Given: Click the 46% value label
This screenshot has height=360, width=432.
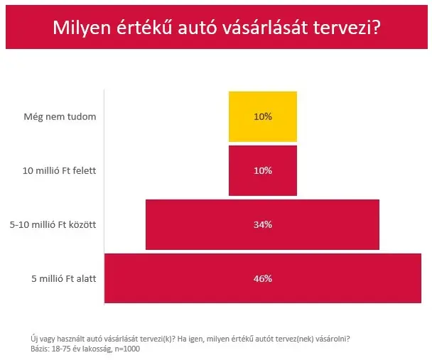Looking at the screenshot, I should (x=262, y=278).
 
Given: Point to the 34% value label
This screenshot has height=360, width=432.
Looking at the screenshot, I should (x=262, y=224).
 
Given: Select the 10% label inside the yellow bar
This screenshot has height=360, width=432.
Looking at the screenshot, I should (x=262, y=116).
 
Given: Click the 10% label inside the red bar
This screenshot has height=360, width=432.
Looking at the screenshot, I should (x=262, y=170).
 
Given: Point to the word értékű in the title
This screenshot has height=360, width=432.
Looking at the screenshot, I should (x=140, y=28).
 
